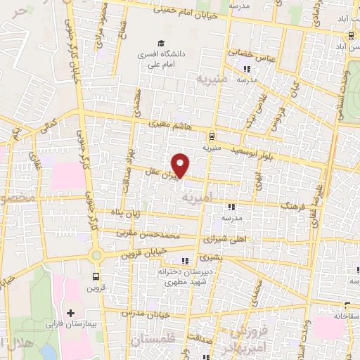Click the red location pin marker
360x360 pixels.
[x=181, y=166]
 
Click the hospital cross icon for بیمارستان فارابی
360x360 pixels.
[x=70, y=311]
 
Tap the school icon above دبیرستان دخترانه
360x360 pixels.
[x=186, y=262]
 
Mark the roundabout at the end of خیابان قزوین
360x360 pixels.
[x=96, y=255]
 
